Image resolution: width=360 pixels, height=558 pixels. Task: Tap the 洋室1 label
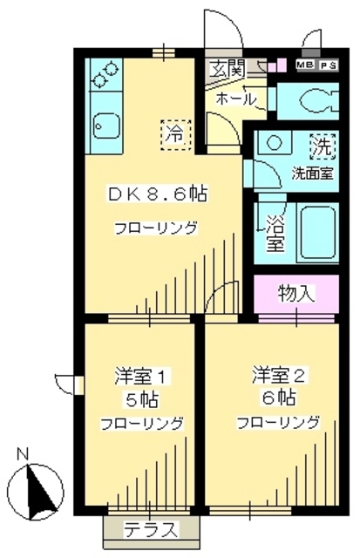[140, 378]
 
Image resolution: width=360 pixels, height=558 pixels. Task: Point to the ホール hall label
[234, 99]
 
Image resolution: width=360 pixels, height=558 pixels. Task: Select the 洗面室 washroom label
[311, 172]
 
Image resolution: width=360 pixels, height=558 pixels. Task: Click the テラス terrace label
[151, 529]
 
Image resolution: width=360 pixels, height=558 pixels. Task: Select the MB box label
[305, 65]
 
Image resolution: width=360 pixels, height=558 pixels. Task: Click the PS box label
[328, 65]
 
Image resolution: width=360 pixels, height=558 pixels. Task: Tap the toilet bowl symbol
[314, 100]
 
